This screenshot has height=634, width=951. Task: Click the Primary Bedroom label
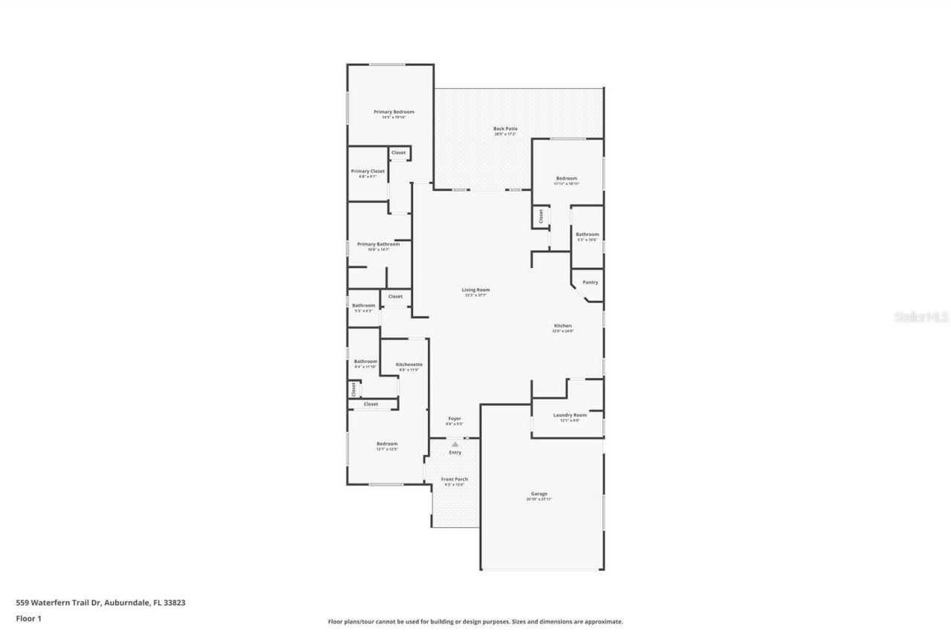(x=394, y=112)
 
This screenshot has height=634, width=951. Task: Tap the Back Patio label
(x=505, y=129)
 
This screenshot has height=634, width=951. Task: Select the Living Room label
(x=476, y=290)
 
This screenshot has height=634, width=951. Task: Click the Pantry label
(x=590, y=282)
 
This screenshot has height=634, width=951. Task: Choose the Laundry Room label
(x=570, y=415)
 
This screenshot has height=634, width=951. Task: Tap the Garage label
(x=539, y=494)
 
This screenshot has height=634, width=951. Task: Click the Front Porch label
(x=455, y=480)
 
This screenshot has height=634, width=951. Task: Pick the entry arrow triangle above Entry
(x=455, y=444)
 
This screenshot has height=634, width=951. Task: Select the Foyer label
(x=455, y=419)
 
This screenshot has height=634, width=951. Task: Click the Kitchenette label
(x=409, y=365)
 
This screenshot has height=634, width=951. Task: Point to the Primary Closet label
(x=368, y=171)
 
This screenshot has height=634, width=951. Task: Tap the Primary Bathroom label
(x=378, y=244)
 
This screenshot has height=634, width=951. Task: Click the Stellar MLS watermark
(x=921, y=317)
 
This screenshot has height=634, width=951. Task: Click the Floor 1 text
(x=28, y=618)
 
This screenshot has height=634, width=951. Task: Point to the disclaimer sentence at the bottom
(x=475, y=622)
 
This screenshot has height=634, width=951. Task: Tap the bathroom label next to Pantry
(x=587, y=235)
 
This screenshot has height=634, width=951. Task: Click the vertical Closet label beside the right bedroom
(x=541, y=216)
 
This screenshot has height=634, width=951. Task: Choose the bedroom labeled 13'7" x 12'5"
(x=387, y=444)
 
